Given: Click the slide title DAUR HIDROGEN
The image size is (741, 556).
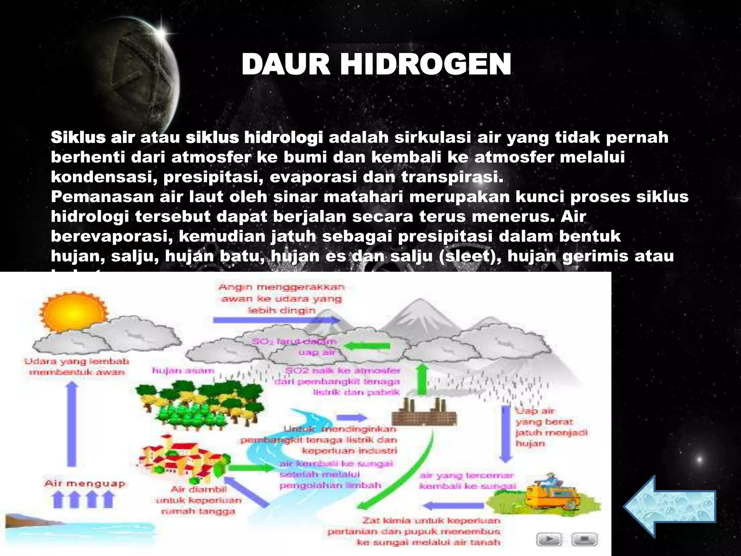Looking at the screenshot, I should [x=376, y=64].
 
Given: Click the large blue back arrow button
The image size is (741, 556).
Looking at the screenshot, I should [x=669, y=506].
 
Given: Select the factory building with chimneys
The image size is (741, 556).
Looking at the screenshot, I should [x=424, y=413].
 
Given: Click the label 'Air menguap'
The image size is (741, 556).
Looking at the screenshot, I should [x=85, y=484].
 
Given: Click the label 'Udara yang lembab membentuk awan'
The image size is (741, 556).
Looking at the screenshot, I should [x=77, y=366].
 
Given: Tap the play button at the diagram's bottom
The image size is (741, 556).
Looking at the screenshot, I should [x=548, y=540].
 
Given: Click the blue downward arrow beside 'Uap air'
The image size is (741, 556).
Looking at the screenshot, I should [x=506, y=434].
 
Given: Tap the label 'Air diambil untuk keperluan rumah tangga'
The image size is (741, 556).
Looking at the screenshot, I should [x=198, y=500].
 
